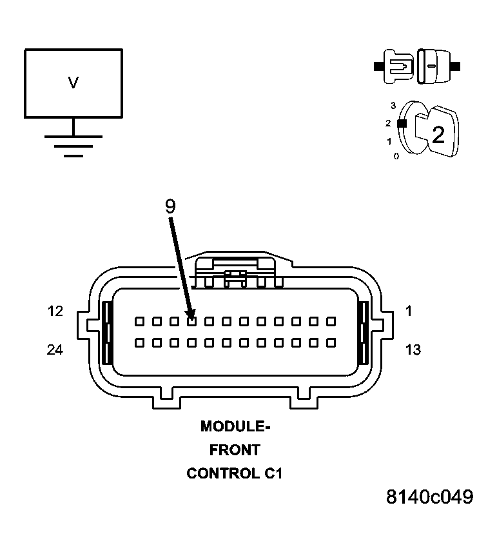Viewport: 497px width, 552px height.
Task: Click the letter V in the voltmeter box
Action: [x=73, y=83]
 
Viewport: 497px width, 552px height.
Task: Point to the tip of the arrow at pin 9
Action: [x=191, y=318]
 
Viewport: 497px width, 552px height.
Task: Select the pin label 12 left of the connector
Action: [x=55, y=311]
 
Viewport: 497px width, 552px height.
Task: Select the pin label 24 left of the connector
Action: [x=55, y=350]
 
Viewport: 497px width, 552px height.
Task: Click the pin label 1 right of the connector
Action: [x=408, y=311]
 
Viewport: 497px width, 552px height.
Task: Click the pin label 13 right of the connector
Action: [x=413, y=350]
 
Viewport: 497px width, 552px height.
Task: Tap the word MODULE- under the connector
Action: [x=235, y=426]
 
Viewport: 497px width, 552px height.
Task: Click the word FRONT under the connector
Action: [x=235, y=449]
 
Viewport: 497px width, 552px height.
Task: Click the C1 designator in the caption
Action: [x=273, y=473]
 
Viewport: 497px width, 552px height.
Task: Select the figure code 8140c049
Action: [x=429, y=497]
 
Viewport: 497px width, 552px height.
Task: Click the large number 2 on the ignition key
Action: [x=438, y=135]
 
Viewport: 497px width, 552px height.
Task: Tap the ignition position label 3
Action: [x=393, y=104]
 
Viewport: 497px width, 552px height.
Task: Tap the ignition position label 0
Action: [x=396, y=156]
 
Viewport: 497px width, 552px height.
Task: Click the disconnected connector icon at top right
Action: [x=417, y=66]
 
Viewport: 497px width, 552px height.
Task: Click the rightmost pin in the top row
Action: [x=331, y=321]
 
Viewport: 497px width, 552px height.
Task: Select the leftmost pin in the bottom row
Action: [x=139, y=343]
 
